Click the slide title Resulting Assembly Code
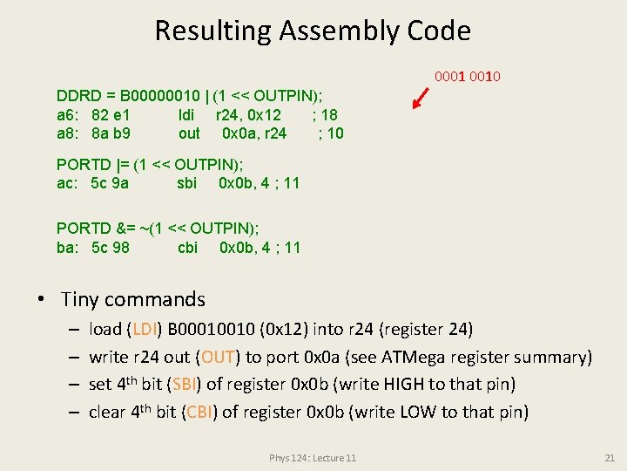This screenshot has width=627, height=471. [x=313, y=31]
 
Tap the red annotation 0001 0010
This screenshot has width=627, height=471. [x=467, y=77]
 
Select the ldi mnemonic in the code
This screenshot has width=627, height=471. [x=186, y=115]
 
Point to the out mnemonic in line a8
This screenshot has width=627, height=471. [x=189, y=133]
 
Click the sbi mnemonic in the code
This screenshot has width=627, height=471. [x=186, y=183]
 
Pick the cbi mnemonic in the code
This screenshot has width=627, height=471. [x=187, y=248]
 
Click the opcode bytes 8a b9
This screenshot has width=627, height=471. [x=111, y=133]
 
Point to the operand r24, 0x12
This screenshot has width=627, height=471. [x=248, y=115]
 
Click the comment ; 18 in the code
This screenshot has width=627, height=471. [x=325, y=115]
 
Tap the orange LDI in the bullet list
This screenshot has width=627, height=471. [x=140, y=330]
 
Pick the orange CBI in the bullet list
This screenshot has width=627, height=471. [x=198, y=413]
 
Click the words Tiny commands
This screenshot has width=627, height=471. [x=133, y=300]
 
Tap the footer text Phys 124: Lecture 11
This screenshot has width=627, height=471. [x=313, y=458]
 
